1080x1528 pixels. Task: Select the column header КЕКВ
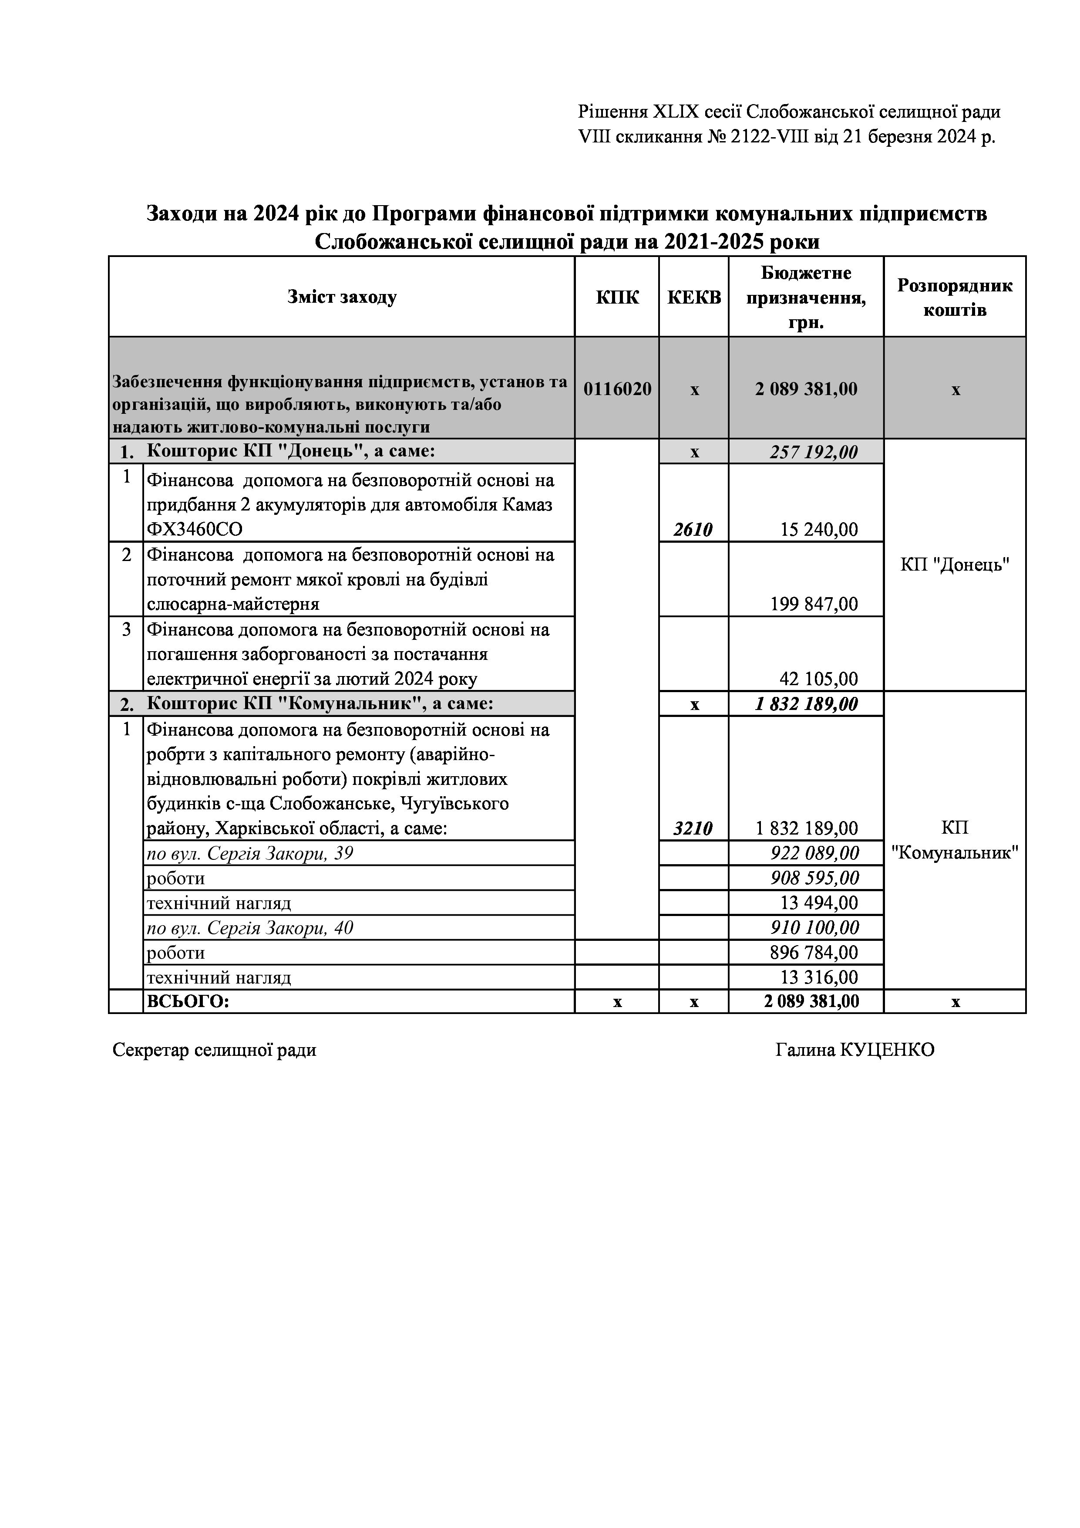(693, 297)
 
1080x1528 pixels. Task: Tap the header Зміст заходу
(342, 297)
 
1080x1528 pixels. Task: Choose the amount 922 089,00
(814, 853)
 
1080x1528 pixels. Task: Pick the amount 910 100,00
(814, 928)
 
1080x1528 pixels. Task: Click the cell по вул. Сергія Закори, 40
(249, 928)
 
